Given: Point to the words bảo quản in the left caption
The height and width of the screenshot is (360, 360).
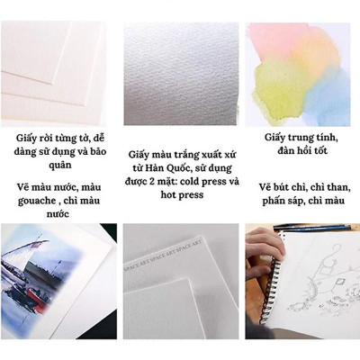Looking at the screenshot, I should (x=52, y=166).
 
